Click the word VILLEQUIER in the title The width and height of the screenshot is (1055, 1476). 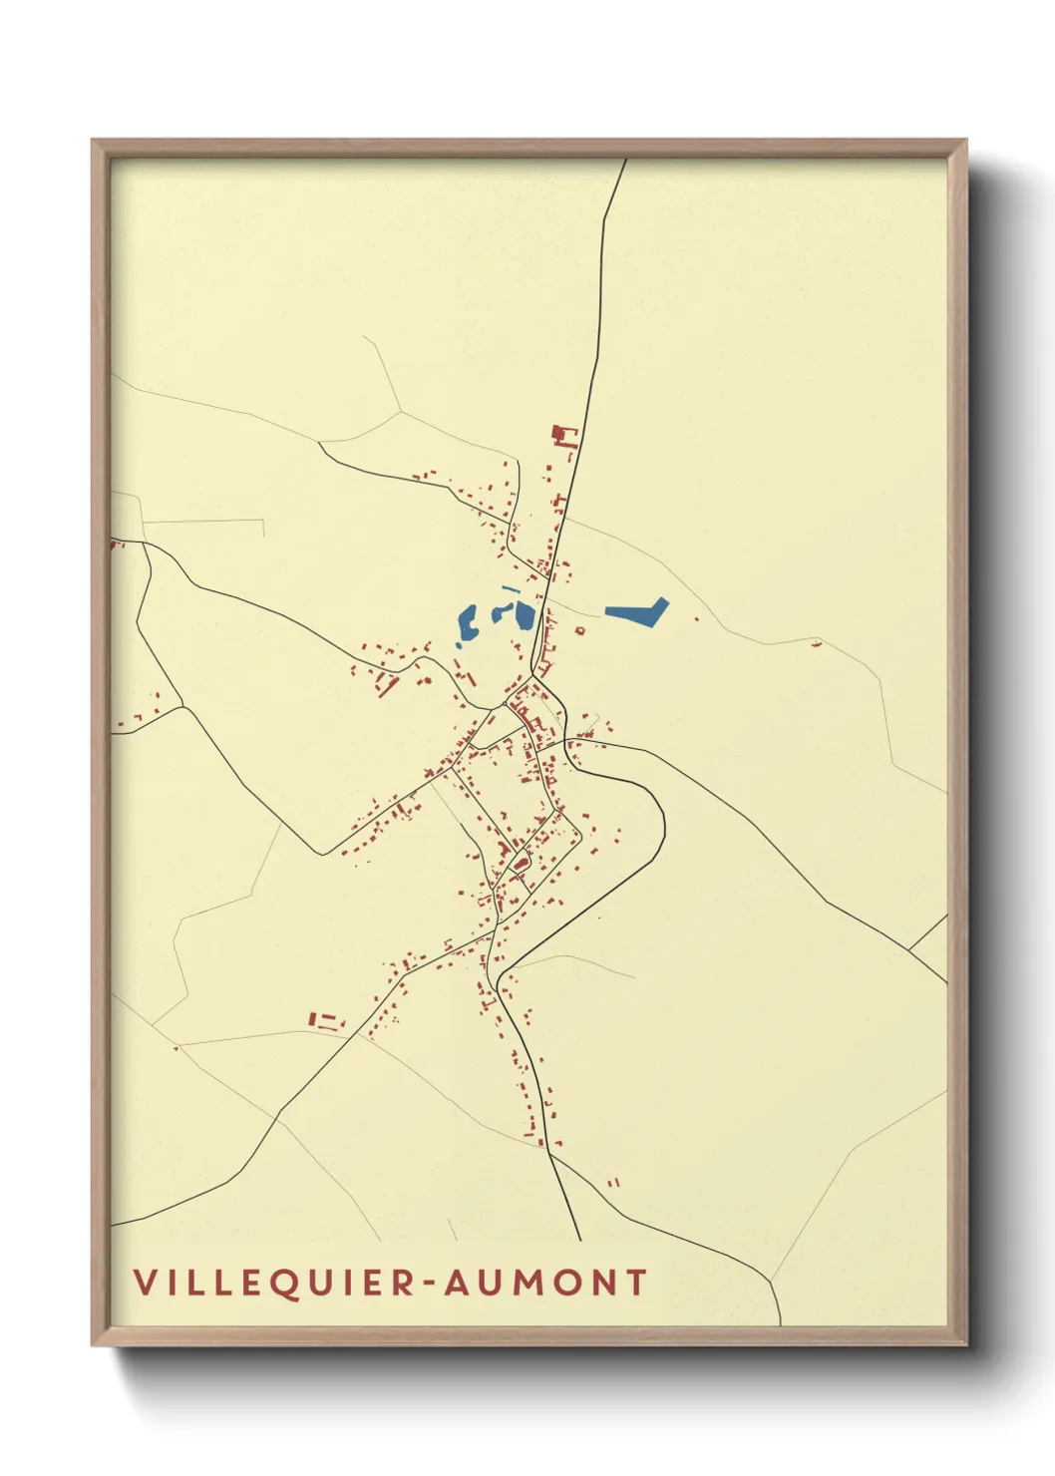pyautogui.click(x=273, y=1283)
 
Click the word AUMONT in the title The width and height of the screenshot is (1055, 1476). pyautogui.click(x=546, y=1283)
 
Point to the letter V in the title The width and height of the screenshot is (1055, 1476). pyautogui.click(x=144, y=1283)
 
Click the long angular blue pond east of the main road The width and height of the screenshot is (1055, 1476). pyautogui.click(x=636, y=612)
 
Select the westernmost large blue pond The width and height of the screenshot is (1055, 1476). pyautogui.click(x=467, y=624)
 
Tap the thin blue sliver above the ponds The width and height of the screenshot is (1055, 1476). pyautogui.click(x=511, y=589)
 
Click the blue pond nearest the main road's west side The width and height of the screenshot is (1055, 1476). pyautogui.click(x=524, y=615)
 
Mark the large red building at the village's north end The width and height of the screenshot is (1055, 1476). pyautogui.click(x=564, y=436)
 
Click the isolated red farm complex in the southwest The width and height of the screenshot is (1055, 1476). pyautogui.click(x=325, y=1020)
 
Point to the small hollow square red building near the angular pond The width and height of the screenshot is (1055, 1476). pyautogui.click(x=580, y=630)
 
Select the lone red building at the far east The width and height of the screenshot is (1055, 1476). pyautogui.click(x=817, y=645)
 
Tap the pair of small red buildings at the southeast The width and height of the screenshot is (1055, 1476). pyautogui.click(x=613, y=1182)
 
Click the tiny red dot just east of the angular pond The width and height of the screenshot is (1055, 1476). pyautogui.click(x=696, y=619)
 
